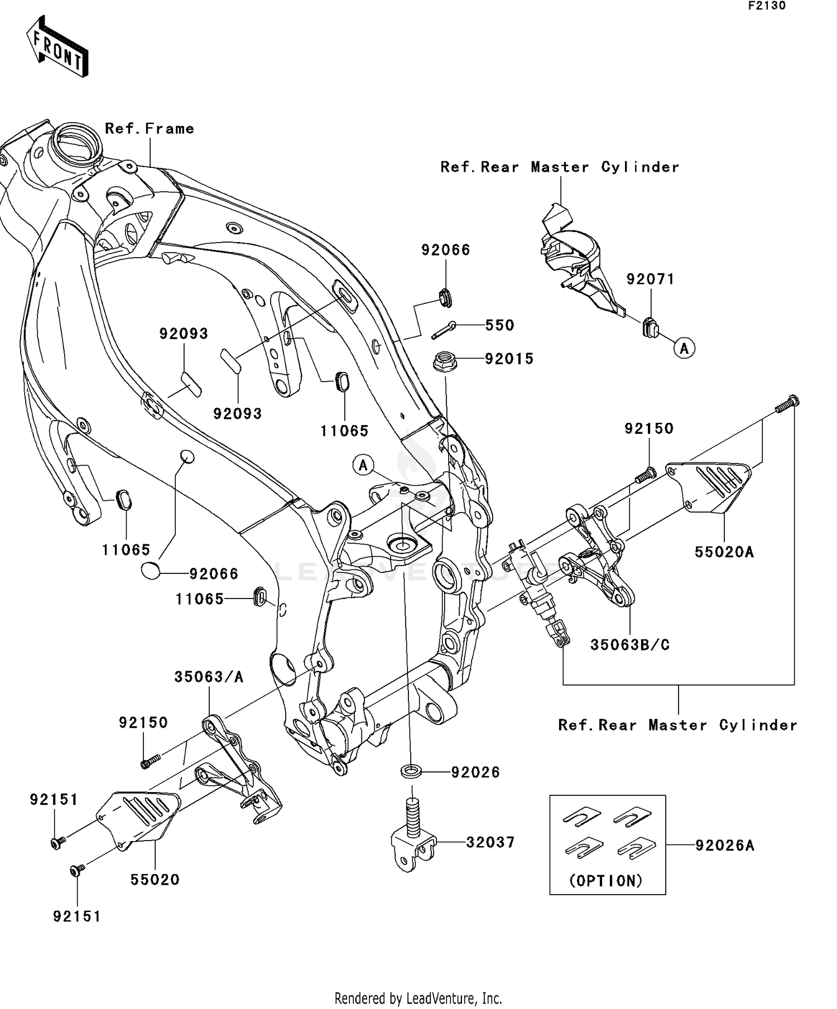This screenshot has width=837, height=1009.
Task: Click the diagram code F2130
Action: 767,6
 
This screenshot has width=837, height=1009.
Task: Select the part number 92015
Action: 509,359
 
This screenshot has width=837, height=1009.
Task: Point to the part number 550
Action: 499,325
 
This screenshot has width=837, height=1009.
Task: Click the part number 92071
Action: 650,279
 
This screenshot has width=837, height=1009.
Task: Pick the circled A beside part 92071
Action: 684,348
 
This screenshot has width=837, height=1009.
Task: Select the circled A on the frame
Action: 363,465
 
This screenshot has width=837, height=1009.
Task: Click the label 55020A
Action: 724,552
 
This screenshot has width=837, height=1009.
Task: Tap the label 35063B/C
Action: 630,645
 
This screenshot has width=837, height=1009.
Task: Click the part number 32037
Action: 490,842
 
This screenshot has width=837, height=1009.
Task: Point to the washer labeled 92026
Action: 412,772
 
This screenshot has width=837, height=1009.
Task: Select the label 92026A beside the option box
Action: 724,846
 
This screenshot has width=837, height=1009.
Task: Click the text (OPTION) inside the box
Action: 606,881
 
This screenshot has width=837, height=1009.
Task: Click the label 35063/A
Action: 209,677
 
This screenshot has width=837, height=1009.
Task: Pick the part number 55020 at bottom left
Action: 155,880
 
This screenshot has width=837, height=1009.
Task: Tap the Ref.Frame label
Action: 150,128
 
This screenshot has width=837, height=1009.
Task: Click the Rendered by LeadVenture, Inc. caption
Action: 418,998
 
